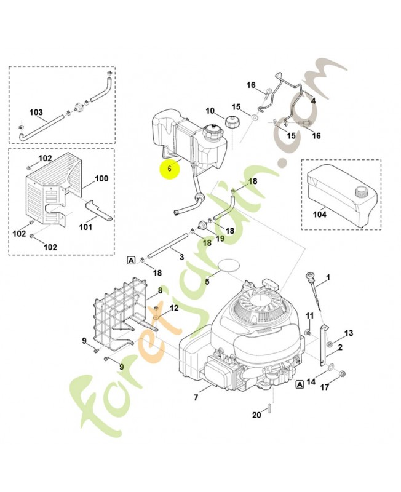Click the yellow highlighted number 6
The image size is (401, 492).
click(169, 168)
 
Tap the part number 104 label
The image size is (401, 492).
click(320, 215)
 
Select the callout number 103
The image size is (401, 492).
click(36, 113)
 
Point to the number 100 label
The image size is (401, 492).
click(101, 178)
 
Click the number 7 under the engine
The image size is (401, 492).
click(196, 397)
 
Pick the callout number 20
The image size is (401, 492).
click(256, 415)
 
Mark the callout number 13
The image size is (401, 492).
click(349, 333)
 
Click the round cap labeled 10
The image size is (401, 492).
click(234, 121)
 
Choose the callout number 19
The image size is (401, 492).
click(220, 238)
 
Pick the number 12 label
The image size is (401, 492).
click(174, 307)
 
